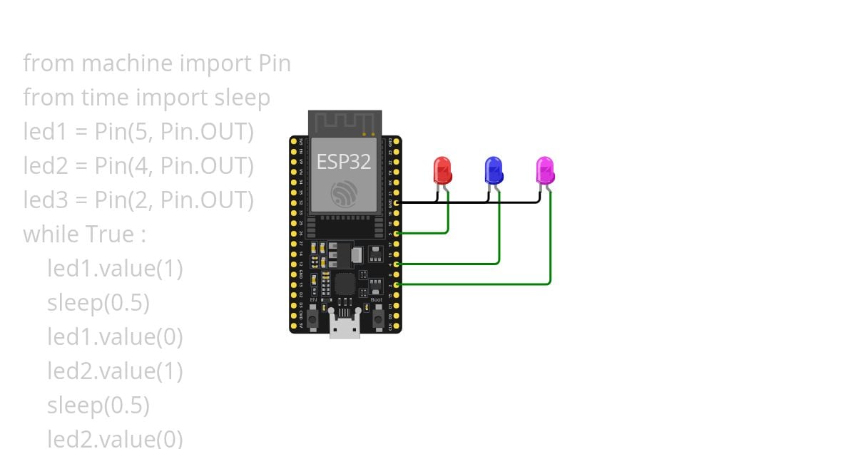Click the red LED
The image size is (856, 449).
(x=442, y=171)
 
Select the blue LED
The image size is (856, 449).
(x=493, y=171)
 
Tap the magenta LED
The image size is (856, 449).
(x=545, y=171)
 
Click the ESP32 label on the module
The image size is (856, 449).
(x=344, y=162)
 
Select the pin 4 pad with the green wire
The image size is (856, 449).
(x=396, y=264)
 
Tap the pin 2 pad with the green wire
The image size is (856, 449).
(x=396, y=284)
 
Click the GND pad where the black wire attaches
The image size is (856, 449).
(x=396, y=202)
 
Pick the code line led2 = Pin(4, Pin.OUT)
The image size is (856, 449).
(x=138, y=166)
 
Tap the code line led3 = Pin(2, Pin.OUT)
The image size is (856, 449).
(x=138, y=200)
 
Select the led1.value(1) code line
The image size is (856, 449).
(x=115, y=269)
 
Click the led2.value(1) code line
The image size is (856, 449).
(x=115, y=371)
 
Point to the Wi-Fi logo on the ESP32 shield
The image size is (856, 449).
(x=344, y=192)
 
